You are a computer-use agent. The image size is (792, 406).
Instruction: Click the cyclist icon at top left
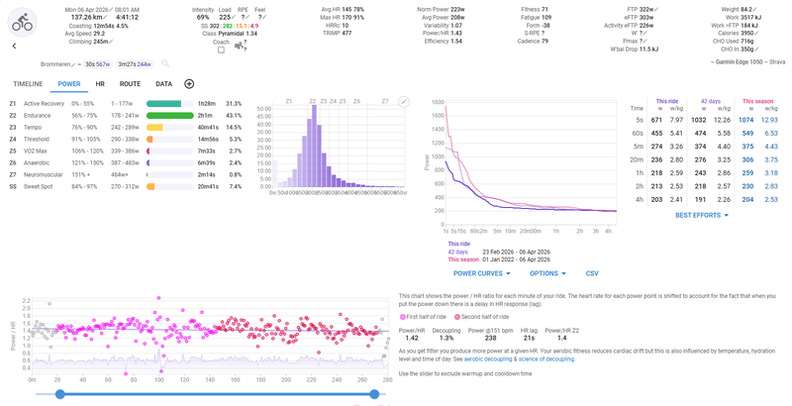(x=22, y=21)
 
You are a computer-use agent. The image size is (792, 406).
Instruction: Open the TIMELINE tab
(x=28, y=84)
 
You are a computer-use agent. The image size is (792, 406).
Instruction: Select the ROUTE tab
(x=130, y=84)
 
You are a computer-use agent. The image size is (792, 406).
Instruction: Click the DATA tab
(x=163, y=84)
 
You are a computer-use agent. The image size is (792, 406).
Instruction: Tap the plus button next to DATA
(x=189, y=84)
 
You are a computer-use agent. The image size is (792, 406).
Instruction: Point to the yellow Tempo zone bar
(x=154, y=128)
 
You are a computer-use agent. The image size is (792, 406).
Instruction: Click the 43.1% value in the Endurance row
(x=234, y=116)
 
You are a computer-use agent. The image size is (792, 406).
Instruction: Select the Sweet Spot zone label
(x=41, y=186)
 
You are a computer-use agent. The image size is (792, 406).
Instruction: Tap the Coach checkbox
(x=221, y=51)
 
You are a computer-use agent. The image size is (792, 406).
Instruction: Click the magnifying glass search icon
(x=165, y=63)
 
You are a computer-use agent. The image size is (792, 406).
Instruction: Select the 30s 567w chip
(x=97, y=64)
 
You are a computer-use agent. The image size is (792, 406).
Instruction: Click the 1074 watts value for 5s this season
(x=745, y=120)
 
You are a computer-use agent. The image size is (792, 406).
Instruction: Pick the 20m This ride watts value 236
(x=655, y=158)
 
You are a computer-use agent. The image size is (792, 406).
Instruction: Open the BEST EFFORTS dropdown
(x=701, y=215)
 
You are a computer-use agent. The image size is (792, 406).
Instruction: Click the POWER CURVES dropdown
(x=481, y=273)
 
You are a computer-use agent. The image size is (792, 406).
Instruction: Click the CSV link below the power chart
(x=592, y=273)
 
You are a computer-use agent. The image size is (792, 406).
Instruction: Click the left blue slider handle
(x=60, y=394)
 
